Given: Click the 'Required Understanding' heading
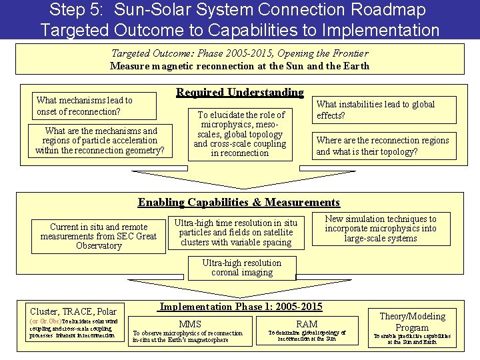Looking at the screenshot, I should point(239,93).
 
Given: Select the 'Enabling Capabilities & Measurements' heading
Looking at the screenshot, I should point(239,202).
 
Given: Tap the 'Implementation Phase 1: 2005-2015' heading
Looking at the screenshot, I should point(241,307).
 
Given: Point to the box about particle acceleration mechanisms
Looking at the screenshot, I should point(99,141).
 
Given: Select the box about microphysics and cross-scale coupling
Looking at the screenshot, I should point(239,134).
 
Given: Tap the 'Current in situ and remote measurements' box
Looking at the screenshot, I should point(98,236).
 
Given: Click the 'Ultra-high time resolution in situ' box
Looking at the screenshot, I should point(235,232).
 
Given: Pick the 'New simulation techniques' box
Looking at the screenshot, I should point(381,228).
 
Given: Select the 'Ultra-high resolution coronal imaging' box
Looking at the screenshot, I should point(241,267).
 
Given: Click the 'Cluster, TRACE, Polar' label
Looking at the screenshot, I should point(73,311).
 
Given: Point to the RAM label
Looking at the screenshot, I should point(307,324).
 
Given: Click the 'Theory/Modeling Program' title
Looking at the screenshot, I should point(412,321).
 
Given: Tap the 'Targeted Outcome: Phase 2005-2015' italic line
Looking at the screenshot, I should point(239,53).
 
